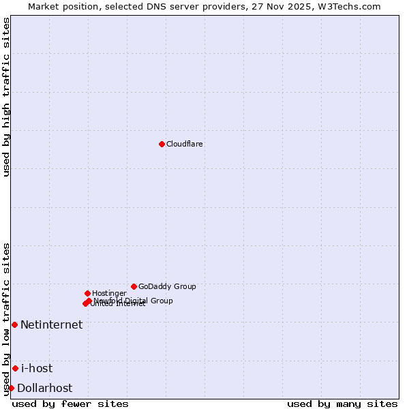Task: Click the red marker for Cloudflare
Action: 162,144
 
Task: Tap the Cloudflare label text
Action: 185,144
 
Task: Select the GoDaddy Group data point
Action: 134,286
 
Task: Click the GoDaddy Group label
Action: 167,286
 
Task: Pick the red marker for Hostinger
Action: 87,293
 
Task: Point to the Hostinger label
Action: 109,293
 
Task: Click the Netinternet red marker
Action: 14,324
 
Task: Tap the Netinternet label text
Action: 51,324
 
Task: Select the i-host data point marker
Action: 15,368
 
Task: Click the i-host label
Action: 37,368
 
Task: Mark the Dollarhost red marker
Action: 11,388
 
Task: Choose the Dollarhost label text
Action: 44,388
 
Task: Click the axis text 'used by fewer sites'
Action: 70,404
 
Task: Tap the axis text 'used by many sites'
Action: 342,404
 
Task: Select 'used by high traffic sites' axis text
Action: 6,97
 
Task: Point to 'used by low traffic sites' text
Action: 6,318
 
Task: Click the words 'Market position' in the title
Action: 58,6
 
